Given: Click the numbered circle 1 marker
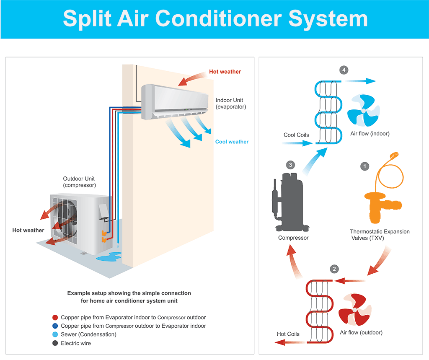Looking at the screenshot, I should pyautogui.click(x=365, y=166).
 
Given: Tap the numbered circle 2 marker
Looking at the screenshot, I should pyautogui.click(x=334, y=269).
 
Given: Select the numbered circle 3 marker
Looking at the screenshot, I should pyautogui.click(x=291, y=165).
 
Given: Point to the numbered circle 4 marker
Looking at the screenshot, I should pyautogui.click(x=344, y=70).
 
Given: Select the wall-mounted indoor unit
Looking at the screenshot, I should pyautogui.click(x=174, y=101).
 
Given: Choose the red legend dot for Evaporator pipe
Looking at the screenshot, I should pyautogui.click(x=55, y=318).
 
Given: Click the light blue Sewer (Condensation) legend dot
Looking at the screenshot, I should pyautogui.click(x=55, y=334).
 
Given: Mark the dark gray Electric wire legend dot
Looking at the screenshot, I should pyautogui.click(x=55, y=343).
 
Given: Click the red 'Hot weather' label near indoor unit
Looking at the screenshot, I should pyautogui.click(x=225, y=72).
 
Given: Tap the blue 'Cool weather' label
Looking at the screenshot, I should pyautogui.click(x=232, y=142).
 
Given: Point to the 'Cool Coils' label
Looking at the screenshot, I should pyautogui.click(x=296, y=135).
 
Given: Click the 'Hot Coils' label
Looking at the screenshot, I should pyautogui.click(x=288, y=334).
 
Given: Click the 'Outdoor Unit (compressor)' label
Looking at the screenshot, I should pyautogui.click(x=80, y=182).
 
